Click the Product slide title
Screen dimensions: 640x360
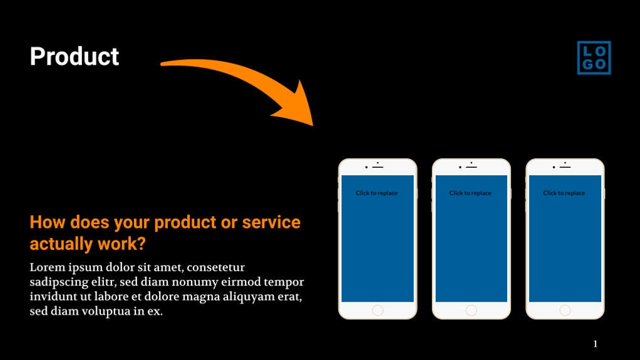point(75,56)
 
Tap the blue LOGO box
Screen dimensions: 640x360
point(594,58)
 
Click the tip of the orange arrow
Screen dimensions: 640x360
point(312,125)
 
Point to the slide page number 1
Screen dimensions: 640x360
point(595,344)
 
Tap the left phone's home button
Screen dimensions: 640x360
point(378,310)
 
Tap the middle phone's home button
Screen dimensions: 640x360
point(471,310)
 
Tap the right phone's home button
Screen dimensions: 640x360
point(565,310)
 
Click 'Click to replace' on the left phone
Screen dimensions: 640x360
point(376,193)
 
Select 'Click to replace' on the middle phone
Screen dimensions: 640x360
point(470,193)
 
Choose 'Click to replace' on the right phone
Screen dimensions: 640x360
point(564,193)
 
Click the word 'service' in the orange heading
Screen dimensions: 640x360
point(271,222)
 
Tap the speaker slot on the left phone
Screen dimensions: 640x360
point(378,167)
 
